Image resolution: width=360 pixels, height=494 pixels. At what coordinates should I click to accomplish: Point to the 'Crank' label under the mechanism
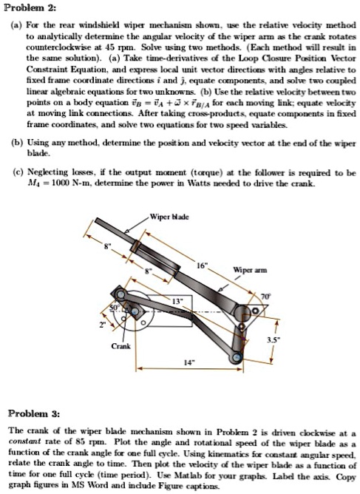click(x=121, y=346)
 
